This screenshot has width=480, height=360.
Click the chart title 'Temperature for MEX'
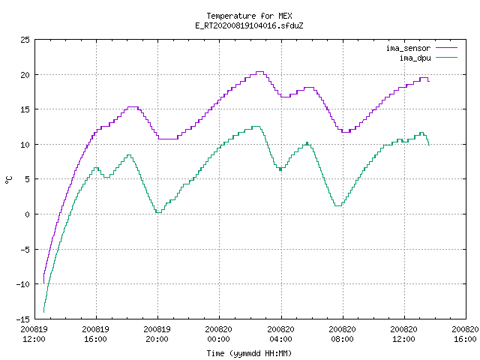coord(249,16)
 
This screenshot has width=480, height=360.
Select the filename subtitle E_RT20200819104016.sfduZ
coord(249,25)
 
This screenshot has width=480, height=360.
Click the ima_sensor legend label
coord(408,48)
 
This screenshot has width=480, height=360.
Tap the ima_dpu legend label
coord(415,58)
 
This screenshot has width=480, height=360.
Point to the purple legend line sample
coord(447,48)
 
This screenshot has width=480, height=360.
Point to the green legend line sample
coord(447,57)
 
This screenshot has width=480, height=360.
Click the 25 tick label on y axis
coord(25,40)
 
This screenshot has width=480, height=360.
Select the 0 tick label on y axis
coord(28,214)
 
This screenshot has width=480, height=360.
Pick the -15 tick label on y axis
coord(23,319)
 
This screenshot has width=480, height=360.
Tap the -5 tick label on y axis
coord(25,249)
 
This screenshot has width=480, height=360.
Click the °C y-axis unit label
coord(9,180)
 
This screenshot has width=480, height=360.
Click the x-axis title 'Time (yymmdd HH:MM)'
coord(249,353)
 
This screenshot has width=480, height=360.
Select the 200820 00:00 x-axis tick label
coord(219,334)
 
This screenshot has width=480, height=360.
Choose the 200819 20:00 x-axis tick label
coord(157,334)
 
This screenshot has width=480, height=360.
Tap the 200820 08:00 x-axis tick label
coord(342,334)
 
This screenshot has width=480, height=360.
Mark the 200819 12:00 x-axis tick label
coord(34,334)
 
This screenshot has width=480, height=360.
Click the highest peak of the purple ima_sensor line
coord(259,72)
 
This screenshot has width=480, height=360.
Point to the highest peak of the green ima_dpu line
coord(256,126)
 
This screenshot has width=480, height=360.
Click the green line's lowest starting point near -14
coord(43,312)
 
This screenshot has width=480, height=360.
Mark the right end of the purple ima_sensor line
coord(429,81)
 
